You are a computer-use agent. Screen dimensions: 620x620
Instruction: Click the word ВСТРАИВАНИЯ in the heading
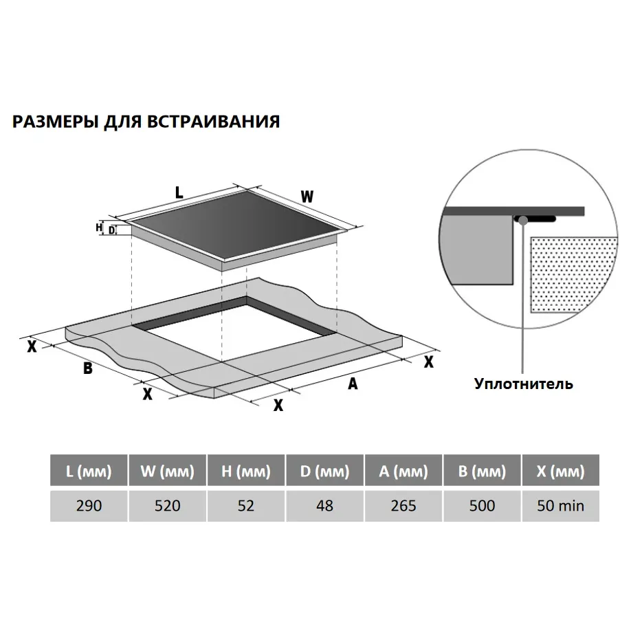[214, 122]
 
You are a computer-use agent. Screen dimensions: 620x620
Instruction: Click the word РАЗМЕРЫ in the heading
[56, 122]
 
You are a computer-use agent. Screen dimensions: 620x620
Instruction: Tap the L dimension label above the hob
[179, 192]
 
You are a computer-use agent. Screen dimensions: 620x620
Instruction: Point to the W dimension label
[307, 197]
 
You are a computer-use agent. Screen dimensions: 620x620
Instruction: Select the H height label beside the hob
[99, 228]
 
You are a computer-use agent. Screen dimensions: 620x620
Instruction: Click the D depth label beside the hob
[112, 230]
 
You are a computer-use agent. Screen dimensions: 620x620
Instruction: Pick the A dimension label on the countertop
[353, 383]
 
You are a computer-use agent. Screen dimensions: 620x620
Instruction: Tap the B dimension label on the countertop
[87, 368]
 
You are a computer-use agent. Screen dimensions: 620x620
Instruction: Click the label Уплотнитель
[524, 384]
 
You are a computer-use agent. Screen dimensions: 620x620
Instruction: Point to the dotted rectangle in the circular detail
[573, 275]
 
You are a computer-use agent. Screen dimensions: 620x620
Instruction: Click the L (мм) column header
[89, 471]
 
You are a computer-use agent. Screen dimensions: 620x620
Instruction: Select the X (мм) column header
[561, 471]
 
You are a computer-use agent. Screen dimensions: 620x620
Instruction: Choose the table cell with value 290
[89, 506]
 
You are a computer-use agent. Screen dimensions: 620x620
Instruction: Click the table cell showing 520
[167, 506]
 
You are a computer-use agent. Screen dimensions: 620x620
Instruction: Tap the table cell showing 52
[246, 506]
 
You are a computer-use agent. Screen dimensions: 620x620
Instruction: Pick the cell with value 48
[324, 506]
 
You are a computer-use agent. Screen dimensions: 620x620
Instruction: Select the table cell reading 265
[403, 506]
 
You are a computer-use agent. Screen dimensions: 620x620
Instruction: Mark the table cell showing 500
[482, 506]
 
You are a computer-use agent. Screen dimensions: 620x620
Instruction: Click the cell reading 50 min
[561, 506]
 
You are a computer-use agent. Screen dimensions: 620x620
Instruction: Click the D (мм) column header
[324, 471]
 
